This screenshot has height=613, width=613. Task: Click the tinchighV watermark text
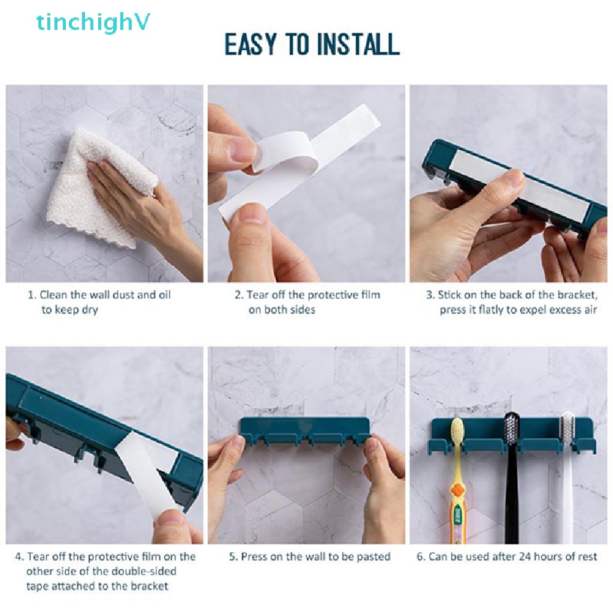pyautogui.click(x=93, y=23)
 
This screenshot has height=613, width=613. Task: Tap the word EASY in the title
pyautogui.click(x=249, y=45)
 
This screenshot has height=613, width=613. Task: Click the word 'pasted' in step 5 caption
pyautogui.click(x=374, y=557)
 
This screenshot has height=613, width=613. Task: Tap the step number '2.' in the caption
pyautogui.click(x=239, y=295)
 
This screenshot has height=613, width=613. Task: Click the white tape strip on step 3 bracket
pyautogui.click(x=521, y=186)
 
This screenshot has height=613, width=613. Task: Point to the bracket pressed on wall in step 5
pyautogui.click(x=305, y=432)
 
